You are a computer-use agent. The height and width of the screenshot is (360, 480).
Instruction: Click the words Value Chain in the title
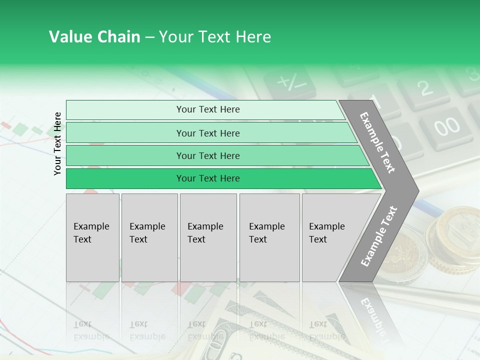[x=94, y=37]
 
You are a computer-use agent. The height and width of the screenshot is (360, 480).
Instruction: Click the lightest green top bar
[x=208, y=109]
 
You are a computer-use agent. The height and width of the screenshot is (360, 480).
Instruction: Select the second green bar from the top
[x=208, y=133]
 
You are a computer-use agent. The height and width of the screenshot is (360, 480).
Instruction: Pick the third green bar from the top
[x=208, y=155]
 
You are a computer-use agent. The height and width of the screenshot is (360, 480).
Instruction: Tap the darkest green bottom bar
[x=208, y=178]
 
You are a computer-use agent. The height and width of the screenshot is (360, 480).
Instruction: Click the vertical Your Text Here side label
[x=58, y=143]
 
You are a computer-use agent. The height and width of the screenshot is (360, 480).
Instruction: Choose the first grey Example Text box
[x=92, y=237]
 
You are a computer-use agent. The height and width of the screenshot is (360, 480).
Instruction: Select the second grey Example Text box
[x=149, y=237]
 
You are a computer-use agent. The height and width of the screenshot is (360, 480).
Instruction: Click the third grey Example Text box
[x=208, y=237]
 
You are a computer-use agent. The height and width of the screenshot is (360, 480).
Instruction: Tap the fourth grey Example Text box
[x=269, y=237]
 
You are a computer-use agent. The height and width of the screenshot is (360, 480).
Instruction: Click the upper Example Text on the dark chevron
[x=378, y=142]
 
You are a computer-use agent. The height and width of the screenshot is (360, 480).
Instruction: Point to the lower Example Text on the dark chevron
[x=378, y=236]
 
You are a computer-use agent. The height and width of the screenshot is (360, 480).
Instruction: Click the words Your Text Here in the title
[x=214, y=37]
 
